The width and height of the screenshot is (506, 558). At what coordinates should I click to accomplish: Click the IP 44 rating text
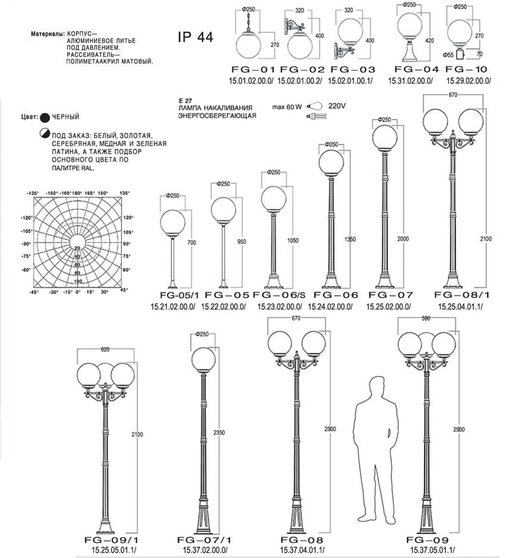point(195,37)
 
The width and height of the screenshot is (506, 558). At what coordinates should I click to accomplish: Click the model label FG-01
point(254,70)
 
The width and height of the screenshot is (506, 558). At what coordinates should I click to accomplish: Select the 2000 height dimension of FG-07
point(403,239)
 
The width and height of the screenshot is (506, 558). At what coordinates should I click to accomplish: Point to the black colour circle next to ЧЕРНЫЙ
point(45,117)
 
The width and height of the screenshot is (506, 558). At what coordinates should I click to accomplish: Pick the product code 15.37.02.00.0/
point(205,550)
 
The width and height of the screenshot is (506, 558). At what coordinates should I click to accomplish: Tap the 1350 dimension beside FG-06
point(350,239)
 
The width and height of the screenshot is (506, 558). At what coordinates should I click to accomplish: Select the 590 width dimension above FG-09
point(426,319)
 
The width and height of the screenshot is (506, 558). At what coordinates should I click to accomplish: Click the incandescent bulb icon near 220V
point(314,105)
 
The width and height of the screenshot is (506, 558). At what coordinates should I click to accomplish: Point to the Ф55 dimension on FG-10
point(448,55)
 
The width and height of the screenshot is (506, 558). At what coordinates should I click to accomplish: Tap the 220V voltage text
point(336,105)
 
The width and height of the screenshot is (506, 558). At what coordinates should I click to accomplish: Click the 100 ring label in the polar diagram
point(78,281)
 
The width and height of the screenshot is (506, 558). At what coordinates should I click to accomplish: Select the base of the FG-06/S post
point(274,282)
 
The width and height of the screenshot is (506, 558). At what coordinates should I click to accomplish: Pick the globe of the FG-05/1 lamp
point(173,223)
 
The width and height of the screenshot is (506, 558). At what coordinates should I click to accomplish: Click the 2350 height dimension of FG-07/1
point(219,432)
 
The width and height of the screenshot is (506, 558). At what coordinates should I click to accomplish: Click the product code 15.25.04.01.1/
point(460,307)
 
